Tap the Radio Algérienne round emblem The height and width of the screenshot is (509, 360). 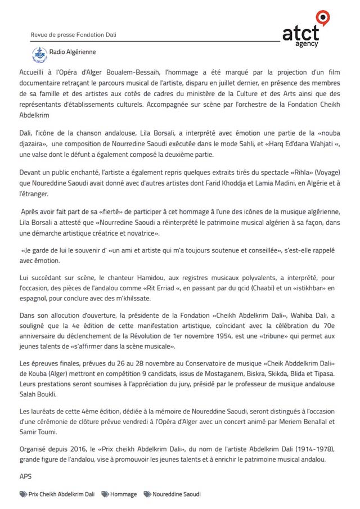coord(39,54)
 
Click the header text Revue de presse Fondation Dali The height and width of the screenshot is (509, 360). coord(70,35)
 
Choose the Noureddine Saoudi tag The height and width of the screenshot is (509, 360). coord(176,494)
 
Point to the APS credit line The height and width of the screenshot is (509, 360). coord(25,476)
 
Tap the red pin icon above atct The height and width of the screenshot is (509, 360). coord(322,17)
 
